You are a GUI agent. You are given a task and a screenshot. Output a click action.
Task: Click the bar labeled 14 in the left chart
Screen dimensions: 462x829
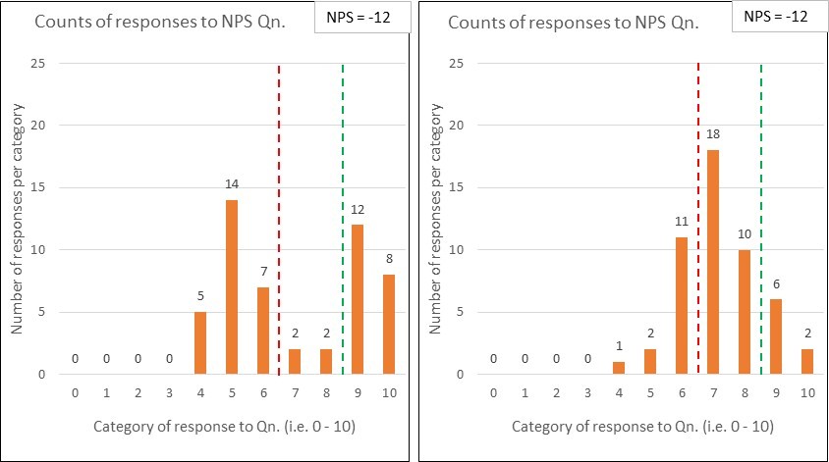click(x=232, y=286)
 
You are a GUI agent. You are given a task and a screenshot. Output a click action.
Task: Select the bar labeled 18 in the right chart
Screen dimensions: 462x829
click(x=713, y=262)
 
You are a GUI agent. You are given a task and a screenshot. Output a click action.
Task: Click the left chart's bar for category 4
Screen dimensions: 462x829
click(x=200, y=342)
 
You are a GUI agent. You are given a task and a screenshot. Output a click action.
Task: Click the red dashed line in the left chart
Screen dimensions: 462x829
click(x=280, y=216)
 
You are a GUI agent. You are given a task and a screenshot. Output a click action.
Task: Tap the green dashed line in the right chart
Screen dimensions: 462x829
click(x=761, y=216)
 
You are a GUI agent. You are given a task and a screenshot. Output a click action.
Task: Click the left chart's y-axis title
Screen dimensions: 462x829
click(x=18, y=219)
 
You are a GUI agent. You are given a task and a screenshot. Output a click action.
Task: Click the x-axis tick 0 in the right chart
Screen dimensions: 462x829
click(x=493, y=394)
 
